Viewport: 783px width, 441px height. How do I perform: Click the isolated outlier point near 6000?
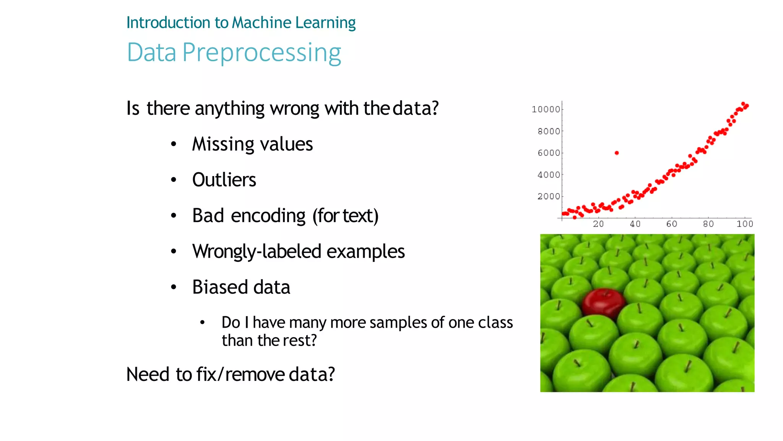click(617, 153)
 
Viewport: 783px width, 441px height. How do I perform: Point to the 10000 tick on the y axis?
click(546, 109)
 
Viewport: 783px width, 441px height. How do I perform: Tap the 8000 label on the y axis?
click(549, 131)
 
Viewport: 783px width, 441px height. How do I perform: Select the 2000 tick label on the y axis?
click(549, 196)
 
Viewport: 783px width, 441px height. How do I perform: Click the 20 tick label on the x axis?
click(598, 224)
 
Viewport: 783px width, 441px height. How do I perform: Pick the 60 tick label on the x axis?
click(672, 224)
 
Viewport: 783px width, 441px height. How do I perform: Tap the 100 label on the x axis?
click(745, 224)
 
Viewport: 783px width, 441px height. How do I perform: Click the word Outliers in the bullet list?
click(224, 180)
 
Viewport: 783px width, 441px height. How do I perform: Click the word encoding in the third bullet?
click(268, 216)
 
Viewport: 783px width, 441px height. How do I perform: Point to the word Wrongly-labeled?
click(257, 252)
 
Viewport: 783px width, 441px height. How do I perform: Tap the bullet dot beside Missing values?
click(174, 144)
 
